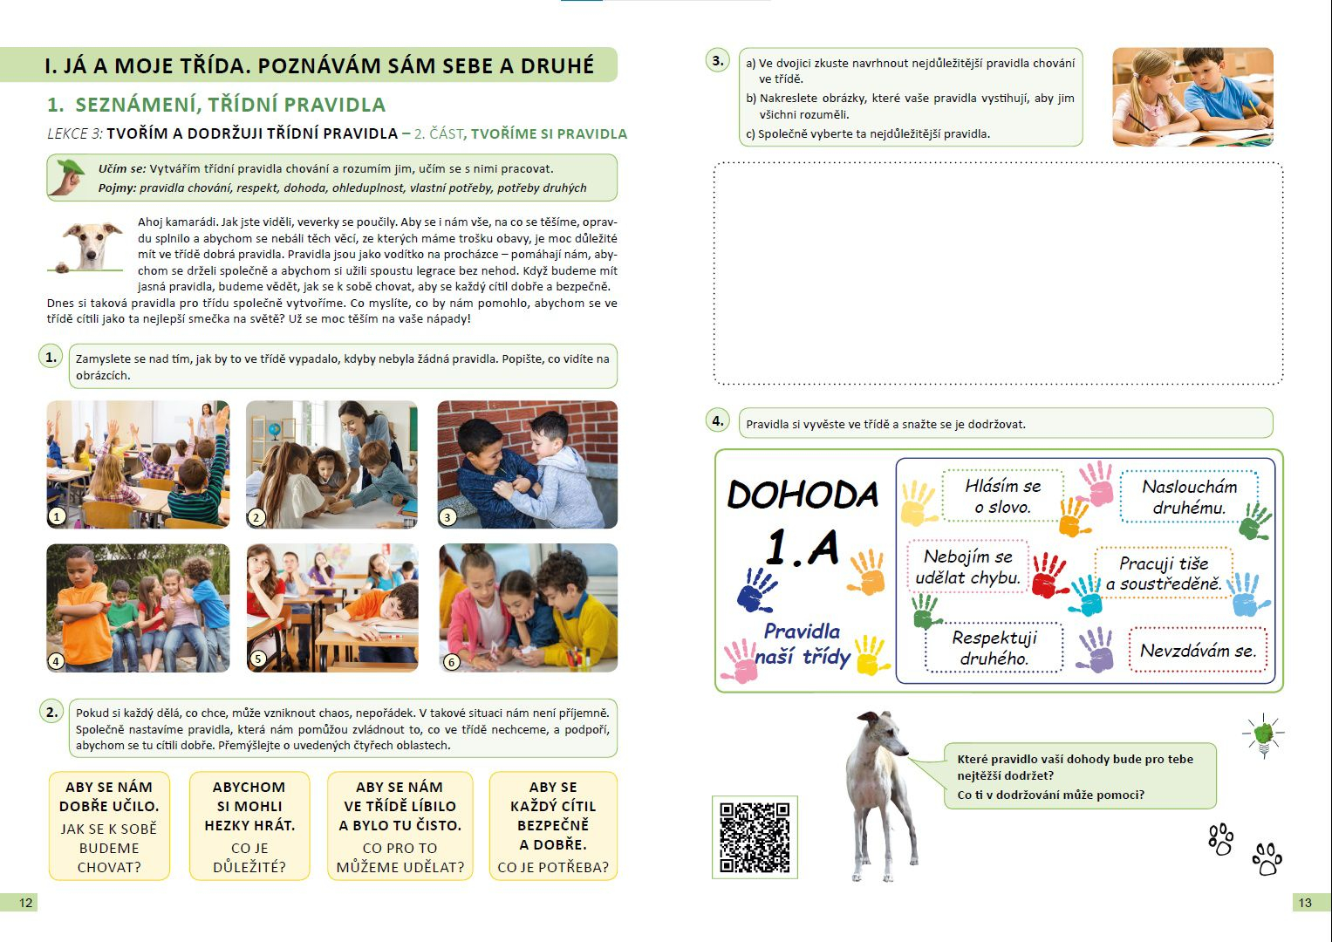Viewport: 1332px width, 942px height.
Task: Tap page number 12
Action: tap(25, 903)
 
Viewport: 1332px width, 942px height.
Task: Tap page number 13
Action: tap(1305, 903)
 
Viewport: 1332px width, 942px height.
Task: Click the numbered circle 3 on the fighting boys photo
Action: tap(447, 517)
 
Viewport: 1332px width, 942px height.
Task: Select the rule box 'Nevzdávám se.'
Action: tap(1198, 651)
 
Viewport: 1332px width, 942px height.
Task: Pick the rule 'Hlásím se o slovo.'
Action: tap(1002, 496)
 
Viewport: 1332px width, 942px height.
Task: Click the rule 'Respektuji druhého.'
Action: tap(994, 648)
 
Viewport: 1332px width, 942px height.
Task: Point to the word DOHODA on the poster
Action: tap(803, 495)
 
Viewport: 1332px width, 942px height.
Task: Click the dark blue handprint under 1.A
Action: tap(755, 590)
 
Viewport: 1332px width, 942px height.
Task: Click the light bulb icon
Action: tap(1263, 734)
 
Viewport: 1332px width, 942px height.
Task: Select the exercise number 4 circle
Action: tap(717, 420)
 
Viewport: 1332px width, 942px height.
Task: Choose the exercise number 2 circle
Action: tap(51, 712)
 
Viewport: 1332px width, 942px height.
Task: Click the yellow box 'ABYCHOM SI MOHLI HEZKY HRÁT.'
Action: tap(249, 826)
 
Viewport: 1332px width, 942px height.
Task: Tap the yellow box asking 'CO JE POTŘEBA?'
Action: tap(553, 826)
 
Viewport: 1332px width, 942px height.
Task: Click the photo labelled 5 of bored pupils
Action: tap(332, 607)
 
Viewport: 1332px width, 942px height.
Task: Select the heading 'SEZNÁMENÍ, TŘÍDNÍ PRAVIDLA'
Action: tap(230, 106)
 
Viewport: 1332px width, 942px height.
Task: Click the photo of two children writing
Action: tap(1192, 96)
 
